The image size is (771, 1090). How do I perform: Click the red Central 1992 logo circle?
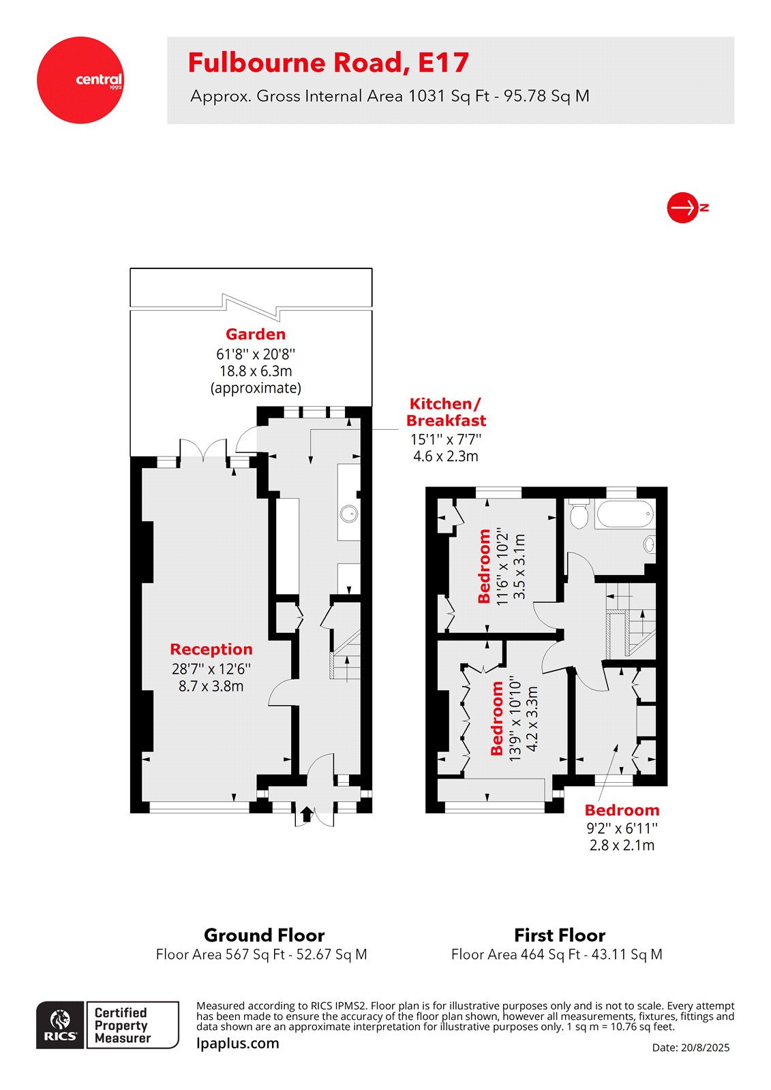[80, 80]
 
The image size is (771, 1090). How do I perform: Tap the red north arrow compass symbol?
[683, 207]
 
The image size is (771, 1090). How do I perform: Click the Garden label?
[256, 334]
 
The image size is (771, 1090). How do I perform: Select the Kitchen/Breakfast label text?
[446, 412]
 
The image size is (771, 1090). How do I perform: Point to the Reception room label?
[211, 649]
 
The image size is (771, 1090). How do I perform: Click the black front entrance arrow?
[306, 813]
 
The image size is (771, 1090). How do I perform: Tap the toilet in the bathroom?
[579, 515]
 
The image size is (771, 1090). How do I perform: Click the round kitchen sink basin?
[350, 513]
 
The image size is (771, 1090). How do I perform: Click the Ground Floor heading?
[264, 935]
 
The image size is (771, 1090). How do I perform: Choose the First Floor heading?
[560, 935]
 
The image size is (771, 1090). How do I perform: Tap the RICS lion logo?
[61, 1025]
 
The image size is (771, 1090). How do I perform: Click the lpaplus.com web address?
[237, 1043]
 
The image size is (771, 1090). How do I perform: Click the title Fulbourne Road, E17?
[328, 63]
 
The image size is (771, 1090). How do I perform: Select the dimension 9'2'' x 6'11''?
[622, 828]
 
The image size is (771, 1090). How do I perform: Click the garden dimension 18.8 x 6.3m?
[256, 371]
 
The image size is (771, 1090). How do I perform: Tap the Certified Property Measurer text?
[123, 1025]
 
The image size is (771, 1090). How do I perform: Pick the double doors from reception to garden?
[202, 451]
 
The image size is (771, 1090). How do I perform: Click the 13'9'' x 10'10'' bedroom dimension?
[515, 721]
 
